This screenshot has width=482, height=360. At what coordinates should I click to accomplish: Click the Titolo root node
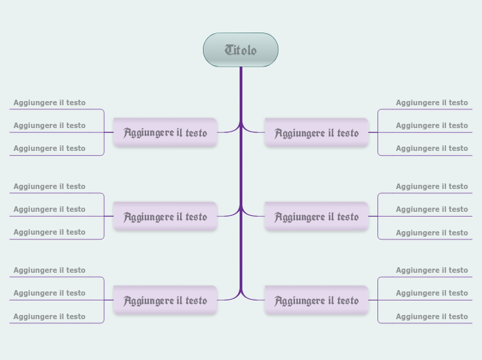click(x=240, y=50)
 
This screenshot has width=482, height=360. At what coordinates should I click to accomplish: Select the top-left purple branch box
click(x=165, y=132)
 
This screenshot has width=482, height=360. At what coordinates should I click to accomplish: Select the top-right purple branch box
click(x=316, y=132)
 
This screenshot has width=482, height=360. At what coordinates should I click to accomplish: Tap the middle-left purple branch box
click(x=165, y=217)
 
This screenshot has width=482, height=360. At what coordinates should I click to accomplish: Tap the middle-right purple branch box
click(x=316, y=217)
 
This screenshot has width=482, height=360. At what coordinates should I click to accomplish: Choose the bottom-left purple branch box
click(x=165, y=300)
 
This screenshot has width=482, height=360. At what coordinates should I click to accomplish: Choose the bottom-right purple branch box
click(x=316, y=300)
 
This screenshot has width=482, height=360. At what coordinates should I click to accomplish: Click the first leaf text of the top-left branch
click(x=49, y=102)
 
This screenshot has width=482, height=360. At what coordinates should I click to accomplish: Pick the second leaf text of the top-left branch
click(x=49, y=125)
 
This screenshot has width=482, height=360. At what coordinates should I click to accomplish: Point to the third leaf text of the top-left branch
click(x=49, y=148)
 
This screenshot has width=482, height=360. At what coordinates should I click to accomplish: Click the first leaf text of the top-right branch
click(x=431, y=102)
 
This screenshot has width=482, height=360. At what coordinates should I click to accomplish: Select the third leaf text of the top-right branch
click(x=431, y=148)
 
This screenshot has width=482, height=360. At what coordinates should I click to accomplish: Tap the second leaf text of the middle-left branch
click(x=49, y=209)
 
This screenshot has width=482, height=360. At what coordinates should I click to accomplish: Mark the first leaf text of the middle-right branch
click(x=431, y=186)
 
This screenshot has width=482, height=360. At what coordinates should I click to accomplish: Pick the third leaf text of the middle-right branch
click(x=431, y=233)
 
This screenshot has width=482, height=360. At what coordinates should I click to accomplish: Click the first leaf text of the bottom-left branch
click(x=49, y=270)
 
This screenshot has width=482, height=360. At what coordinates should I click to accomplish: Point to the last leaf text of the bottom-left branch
click(x=49, y=316)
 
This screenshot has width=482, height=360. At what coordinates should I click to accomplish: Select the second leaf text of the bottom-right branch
click(x=431, y=293)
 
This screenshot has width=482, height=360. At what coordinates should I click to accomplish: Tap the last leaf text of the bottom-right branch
click(x=431, y=316)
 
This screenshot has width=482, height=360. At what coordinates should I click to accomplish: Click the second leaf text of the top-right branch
click(x=431, y=125)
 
